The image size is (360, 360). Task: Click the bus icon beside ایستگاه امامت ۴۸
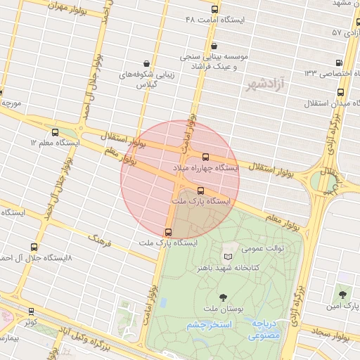coord(214,10)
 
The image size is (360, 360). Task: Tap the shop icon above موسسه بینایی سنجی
coord(204,46)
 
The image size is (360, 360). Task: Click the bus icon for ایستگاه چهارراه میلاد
coord(205,157)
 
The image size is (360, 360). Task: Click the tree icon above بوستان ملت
coord(224,297)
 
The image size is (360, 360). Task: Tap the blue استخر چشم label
coord(212,325)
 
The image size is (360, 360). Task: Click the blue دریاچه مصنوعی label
coord(264,330)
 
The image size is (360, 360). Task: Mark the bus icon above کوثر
coord(31,311)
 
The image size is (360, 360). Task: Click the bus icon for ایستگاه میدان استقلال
coord(341,92)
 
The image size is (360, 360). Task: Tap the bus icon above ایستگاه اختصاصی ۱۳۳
coord(341,62)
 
